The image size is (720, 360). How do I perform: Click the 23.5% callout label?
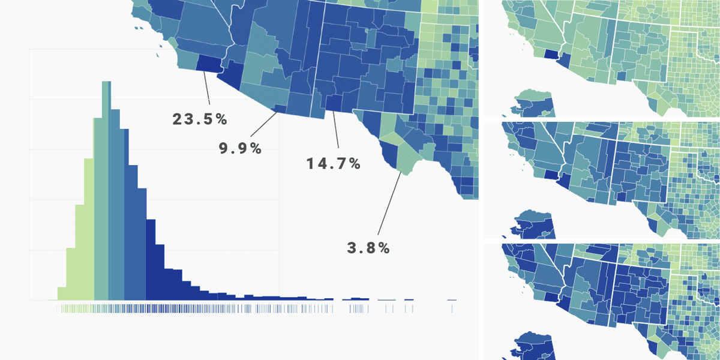pos(200,119)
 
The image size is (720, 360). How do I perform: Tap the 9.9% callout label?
pos(240,149)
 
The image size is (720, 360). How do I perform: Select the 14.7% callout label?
pos(334,163)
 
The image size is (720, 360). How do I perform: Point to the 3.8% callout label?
pos(368,247)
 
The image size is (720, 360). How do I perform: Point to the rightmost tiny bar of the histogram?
pos(452,299)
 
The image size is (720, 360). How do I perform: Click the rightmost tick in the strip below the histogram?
pos(452,308)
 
